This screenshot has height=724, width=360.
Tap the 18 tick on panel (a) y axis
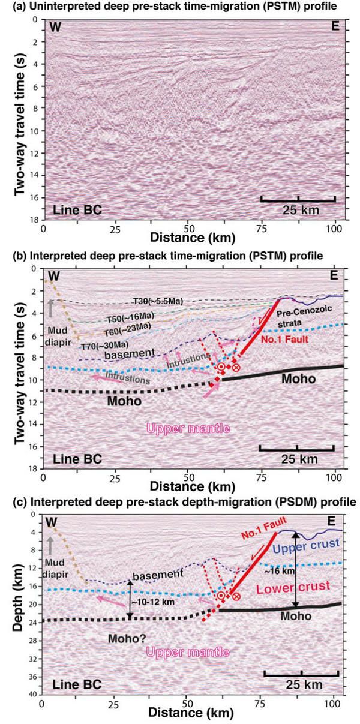pos(35,221)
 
